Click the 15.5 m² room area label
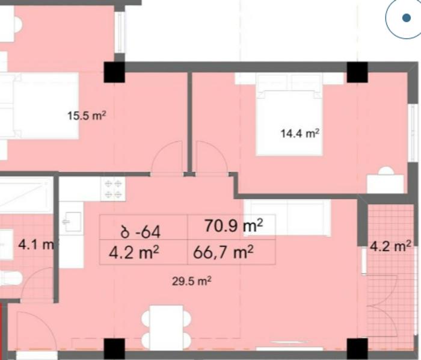point(87,116)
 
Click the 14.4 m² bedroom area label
point(300,133)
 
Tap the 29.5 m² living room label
point(191,281)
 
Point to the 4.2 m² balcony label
point(391,246)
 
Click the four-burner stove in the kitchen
point(113,189)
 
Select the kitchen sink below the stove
point(72,222)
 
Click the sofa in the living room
point(287,218)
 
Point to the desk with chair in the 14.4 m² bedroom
point(386,180)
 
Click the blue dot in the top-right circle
point(407,17)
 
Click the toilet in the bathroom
point(11,278)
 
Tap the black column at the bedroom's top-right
point(357,72)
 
